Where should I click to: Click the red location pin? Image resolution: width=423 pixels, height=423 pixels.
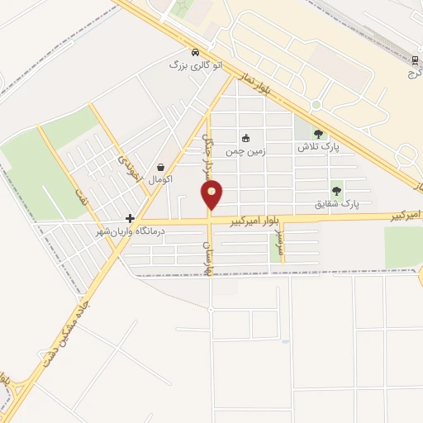click(212, 195)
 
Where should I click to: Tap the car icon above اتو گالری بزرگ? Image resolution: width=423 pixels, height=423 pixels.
click(194, 51)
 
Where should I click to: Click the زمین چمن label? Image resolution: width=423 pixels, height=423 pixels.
click(245, 151)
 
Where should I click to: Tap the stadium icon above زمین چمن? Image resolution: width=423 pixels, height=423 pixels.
click(245, 138)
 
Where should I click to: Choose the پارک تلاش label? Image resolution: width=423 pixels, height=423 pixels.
click(319, 146)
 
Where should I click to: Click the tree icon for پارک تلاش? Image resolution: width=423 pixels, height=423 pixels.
click(319, 133)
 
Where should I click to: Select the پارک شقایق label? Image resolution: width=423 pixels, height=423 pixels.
click(338, 202)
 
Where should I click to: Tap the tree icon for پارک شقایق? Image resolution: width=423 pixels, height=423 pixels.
click(336, 189)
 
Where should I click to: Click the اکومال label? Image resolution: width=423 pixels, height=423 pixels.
click(159, 178)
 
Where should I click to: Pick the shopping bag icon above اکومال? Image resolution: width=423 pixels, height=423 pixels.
click(159, 166)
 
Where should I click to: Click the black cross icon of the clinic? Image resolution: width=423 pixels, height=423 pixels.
click(130, 218)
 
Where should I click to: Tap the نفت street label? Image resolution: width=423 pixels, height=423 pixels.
click(81, 198)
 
